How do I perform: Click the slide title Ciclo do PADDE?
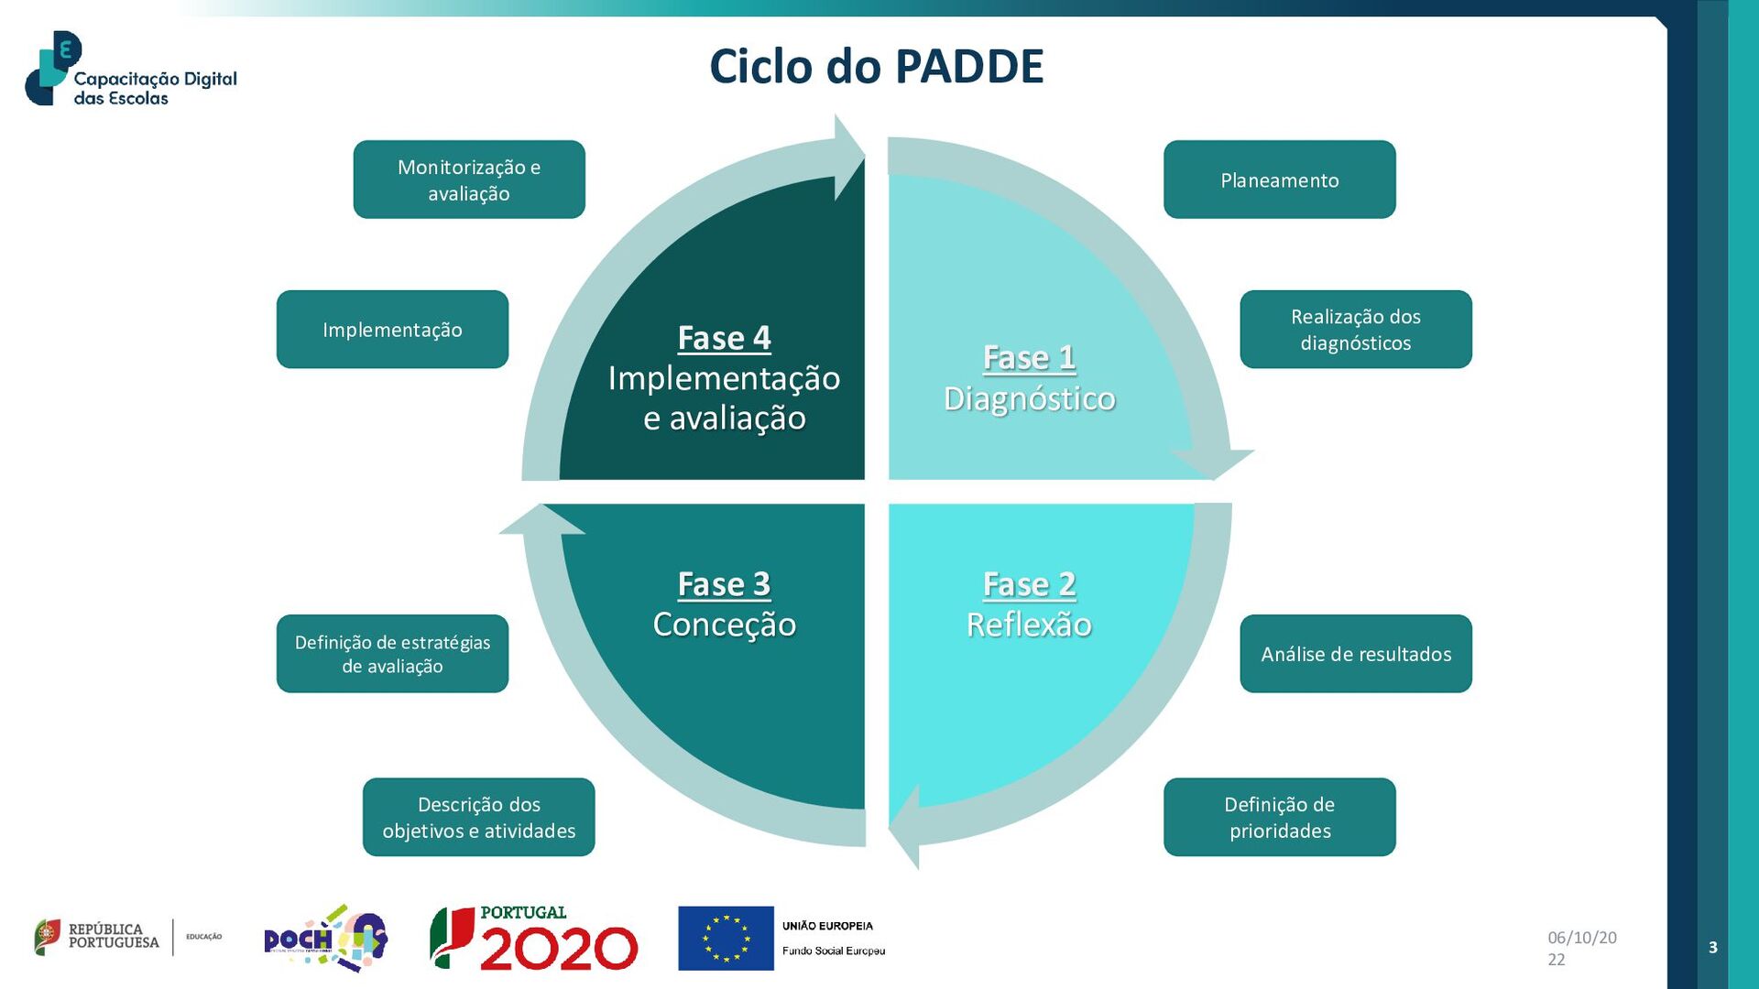click(x=876, y=67)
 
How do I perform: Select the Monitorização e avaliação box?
click(x=469, y=179)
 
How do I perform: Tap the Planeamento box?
click(x=1279, y=179)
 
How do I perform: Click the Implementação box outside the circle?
click(x=392, y=330)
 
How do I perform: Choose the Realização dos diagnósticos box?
click(x=1355, y=330)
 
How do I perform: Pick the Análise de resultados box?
click(x=1355, y=654)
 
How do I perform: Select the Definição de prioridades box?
click(x=1279, y=817)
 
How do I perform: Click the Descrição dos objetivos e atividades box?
click(x=478, y=817)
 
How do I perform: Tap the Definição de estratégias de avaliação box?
click(x=392, y=654)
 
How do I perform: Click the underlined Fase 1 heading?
click(x=1029, y=357)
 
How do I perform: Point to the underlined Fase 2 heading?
click(x=1029, y=584)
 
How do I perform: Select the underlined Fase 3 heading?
click(x=724, y=584)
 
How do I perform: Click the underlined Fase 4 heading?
click(x=724, y=338)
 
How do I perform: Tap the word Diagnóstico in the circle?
click(x=1029, y=398)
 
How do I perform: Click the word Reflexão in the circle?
click(x=1029, y=625)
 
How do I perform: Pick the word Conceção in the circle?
click(x=724, y=625)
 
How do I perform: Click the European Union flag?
click(x=726, y=938)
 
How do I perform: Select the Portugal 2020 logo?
click(x=534, y=938)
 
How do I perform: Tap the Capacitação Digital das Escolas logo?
click(x=131, y=70)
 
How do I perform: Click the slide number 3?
click(x=1712, y=948)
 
